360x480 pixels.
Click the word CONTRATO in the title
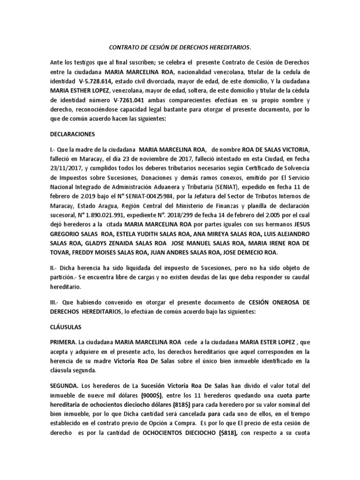[x=123, y=47]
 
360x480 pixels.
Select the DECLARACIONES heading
[x=72, y=134]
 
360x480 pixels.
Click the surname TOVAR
[x=60, y=253]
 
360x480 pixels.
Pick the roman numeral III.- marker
[x=56, y=303]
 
